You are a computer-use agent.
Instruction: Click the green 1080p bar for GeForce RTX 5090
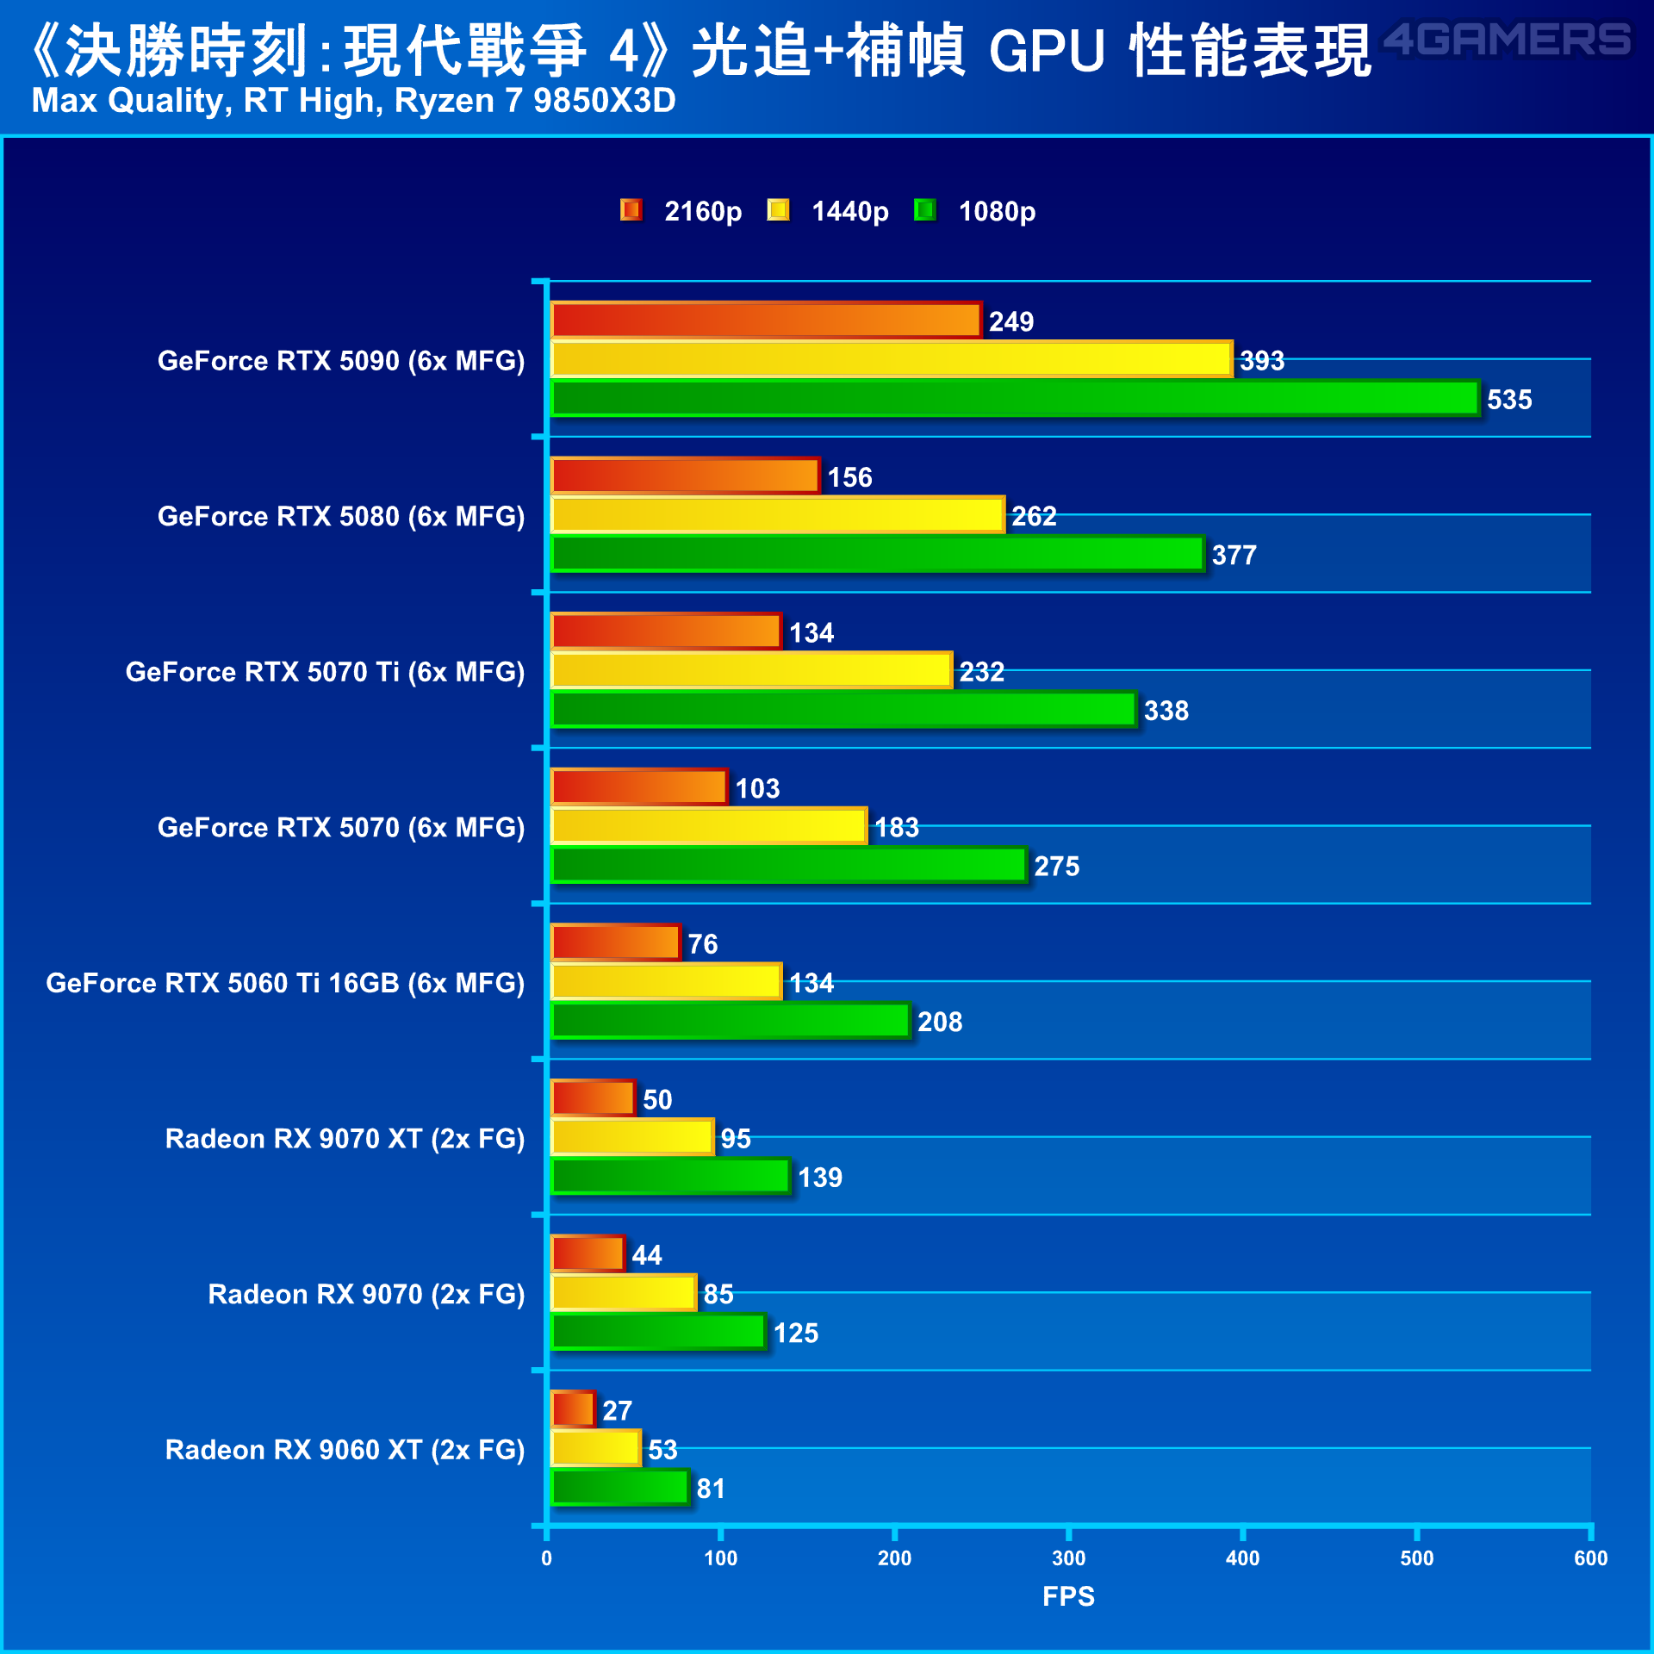coord(1015,399)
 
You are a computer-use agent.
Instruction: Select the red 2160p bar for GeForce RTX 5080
coord(685,476)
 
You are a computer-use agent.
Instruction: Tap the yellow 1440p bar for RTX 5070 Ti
coord(751,670)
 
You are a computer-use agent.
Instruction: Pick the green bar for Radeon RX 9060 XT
coord(620,1488)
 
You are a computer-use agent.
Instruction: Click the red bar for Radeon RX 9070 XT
coord(594,1098)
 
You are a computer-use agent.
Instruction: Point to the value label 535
coord(1509,400)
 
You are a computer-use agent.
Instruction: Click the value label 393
coord(1262,361)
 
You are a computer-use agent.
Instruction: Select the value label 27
coord(617,1411)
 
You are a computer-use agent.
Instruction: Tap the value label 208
coord(940,1023)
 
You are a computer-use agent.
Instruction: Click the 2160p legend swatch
coord(631,209)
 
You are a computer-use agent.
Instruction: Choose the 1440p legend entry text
coord(850,212)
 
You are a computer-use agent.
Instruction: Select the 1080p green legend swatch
coord(925,209)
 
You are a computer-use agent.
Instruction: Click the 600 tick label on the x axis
coord(1590,1558)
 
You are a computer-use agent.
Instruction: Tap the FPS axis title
coord(1068,1597)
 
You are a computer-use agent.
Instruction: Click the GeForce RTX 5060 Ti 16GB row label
coord(285,984)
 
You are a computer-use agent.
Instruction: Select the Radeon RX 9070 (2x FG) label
coord(366,1295)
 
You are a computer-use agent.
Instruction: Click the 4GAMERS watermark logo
coord(1507,40)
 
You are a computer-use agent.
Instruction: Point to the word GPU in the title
coord(1047,51)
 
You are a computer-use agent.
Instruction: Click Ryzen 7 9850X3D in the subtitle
coord(535,102)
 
